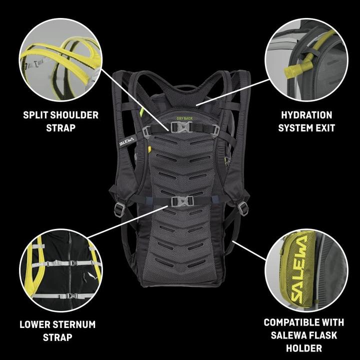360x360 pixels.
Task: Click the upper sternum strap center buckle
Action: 181,127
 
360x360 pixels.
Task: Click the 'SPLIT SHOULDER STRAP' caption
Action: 60,121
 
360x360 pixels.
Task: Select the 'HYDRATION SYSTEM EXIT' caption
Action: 305,121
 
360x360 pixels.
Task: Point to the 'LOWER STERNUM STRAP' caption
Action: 57,330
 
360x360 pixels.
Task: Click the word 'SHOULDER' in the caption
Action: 74,115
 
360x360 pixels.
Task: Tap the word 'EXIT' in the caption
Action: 324,128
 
